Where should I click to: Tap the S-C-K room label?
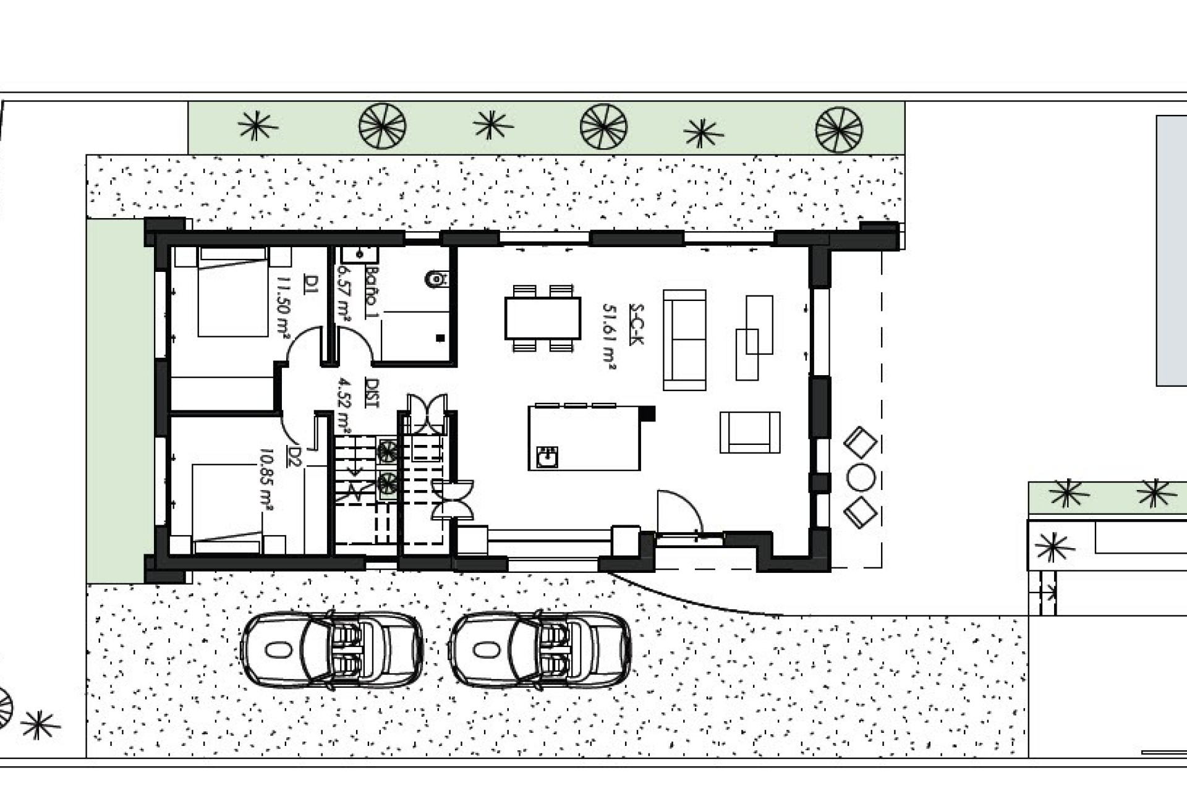pos(636,324)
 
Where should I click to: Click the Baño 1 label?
pos(371,292)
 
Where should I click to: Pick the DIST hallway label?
pos(372,392)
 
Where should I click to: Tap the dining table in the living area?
pos(542,318)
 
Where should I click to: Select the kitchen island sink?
pos(547,457)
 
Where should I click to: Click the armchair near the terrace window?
pos(749,433)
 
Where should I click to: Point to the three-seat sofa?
pos(684,340)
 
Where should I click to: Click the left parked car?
pos(331,649)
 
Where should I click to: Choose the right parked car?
pos(541,649)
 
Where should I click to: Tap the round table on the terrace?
pos(860,477)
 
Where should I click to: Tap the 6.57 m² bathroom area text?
pos(344,294)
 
